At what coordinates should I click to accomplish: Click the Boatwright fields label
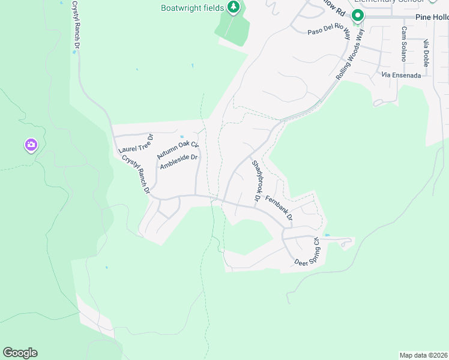[x=192, y=8]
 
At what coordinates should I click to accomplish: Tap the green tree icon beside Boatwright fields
[x=234, y=8]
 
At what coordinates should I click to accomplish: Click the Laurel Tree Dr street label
[x=136, y=142]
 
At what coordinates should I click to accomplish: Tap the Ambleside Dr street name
[x=179, y=163]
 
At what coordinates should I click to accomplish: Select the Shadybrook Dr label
[x=256, y=181]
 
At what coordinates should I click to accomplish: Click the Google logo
[x=20, y=353]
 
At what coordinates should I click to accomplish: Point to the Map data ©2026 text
[x=424, y=355]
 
